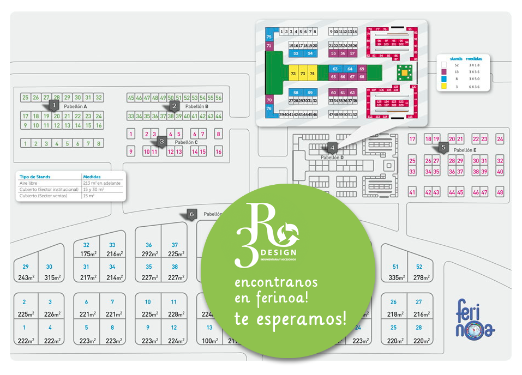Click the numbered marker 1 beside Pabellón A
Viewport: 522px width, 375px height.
pos(53,104)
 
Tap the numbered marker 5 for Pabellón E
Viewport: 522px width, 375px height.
pos(443,147)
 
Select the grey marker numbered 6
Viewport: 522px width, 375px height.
pos(191,214)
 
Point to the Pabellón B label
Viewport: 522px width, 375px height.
pos(197,106)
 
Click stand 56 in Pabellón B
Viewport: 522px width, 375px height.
pos(218,98)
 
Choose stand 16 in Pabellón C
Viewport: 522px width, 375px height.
pos(218,152)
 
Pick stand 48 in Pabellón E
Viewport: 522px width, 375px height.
pos(500,192)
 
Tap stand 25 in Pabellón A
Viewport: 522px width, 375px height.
pos(25,98)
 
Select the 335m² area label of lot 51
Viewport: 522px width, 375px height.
pos(395,278)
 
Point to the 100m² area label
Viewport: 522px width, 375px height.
pos(209,341)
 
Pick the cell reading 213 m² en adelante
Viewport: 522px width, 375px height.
pos(102,183)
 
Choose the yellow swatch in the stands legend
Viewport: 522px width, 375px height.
pos(443,86)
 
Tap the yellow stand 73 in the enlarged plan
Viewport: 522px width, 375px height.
pos(303,73)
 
